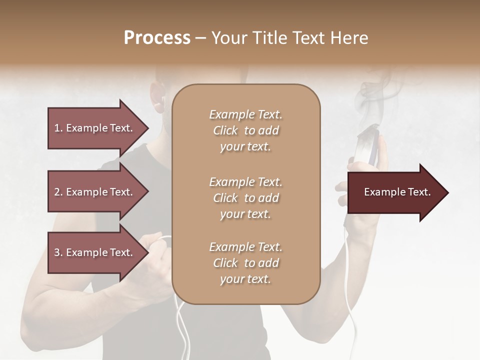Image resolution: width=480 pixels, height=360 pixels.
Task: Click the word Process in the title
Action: pyautogui.click(x=157, y=38)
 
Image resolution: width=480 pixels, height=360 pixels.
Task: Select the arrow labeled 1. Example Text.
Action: pyautogui.click(x=95, y=128)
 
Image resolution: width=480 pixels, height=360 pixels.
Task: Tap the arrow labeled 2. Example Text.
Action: pyautogui.click(x=95, y=192)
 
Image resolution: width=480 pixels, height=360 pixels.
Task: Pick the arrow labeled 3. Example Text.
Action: pyautogui.click(x=95, y=252)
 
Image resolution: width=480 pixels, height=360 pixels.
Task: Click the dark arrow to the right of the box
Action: pyautogui.click(x=395, y=192)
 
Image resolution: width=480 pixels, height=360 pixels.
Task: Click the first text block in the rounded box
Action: pyautogui.click(x=245, y=130)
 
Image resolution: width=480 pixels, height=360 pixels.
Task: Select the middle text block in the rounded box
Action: pyautogui.click(x=245, y=198)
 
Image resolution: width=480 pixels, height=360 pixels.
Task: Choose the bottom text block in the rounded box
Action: pyautogui.click(x=245, y=263)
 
